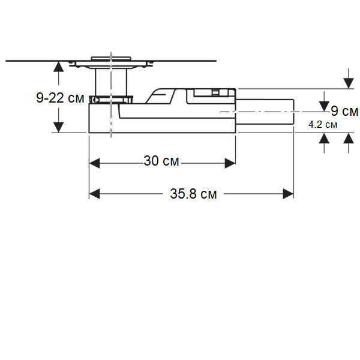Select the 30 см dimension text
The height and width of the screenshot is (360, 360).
[162, 161]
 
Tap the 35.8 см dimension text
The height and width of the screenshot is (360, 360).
[193, 194]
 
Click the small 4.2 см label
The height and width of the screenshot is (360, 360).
[322, 125]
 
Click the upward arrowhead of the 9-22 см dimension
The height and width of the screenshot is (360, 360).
[58, 67]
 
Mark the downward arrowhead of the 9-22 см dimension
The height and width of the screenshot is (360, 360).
[58, 126]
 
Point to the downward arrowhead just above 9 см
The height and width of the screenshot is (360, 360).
[325, 103]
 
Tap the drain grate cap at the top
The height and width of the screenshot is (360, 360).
[110, 58]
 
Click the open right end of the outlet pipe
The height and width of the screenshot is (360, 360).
[293, 112]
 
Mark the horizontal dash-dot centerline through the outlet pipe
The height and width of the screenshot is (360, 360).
[264, 112]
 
